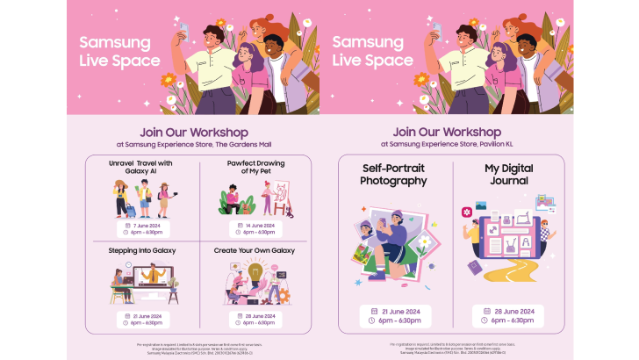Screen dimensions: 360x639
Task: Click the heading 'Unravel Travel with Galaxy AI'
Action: [x=140, y=167]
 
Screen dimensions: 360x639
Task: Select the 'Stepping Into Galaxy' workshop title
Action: [x=142, y=250]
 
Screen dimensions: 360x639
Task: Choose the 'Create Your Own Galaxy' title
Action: [x=255, y=250]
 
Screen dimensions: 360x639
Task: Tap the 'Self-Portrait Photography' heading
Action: [x=393, y=174]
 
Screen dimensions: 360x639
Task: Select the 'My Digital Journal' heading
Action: [x=509, y=174]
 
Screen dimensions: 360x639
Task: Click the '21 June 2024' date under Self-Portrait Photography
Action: [x=398, y=311]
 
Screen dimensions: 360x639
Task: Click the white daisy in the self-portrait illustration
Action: [x=424, y=241]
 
